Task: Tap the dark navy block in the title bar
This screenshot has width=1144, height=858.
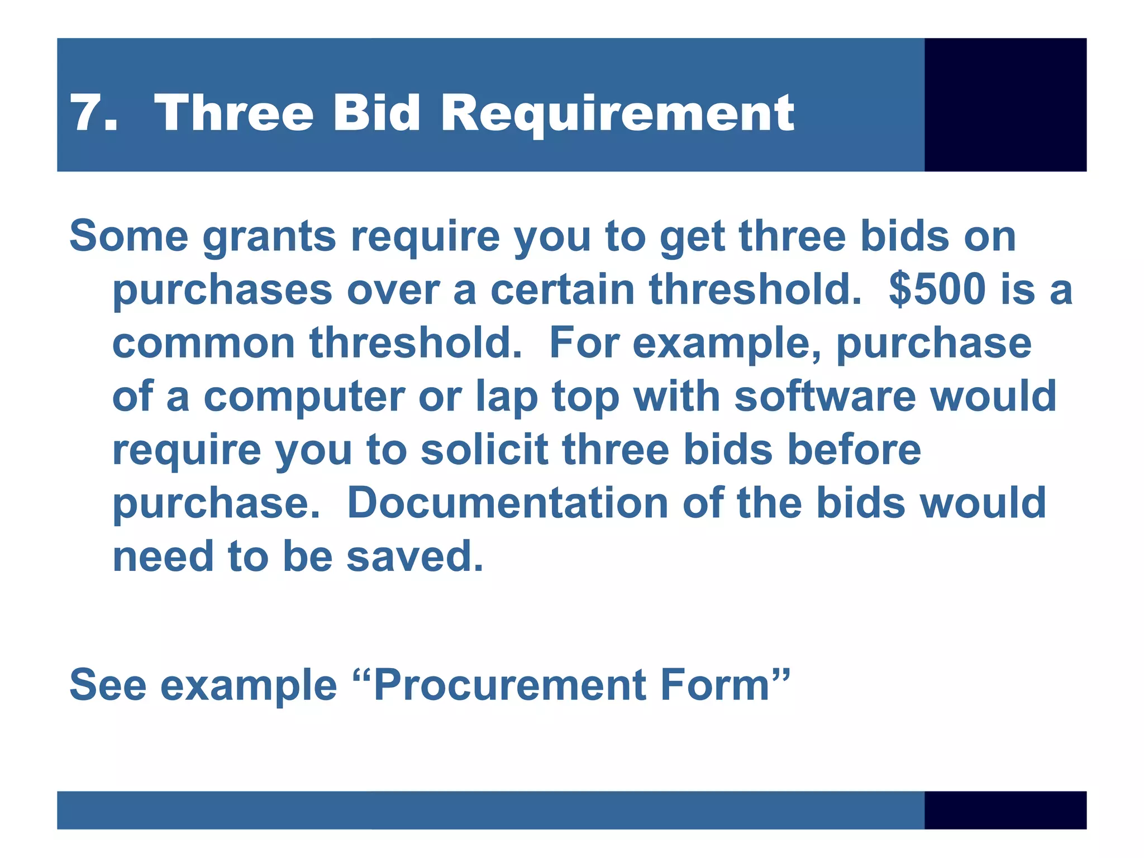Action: tap(1005, 104)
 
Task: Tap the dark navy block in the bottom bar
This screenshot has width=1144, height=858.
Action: tap(1005, 809)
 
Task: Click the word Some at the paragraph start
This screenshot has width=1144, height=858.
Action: tap(129, 236)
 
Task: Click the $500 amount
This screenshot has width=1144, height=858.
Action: tap(937, 289)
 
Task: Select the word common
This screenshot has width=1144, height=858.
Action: tap(204, 343)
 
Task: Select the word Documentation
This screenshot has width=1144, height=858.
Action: tap(508, 503)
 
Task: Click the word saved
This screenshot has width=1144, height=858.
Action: tap(414, 556)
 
